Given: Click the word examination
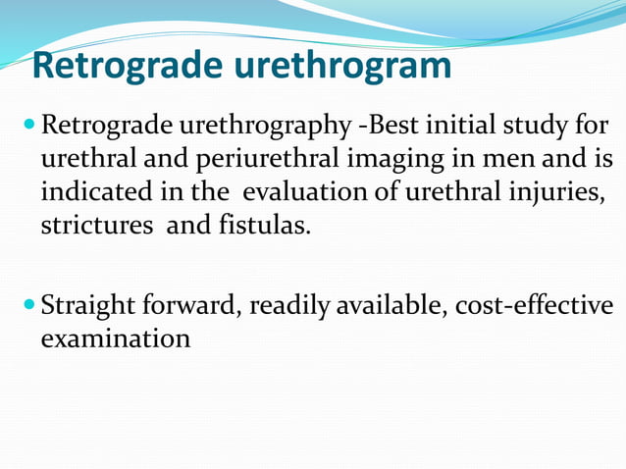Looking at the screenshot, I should (115, 339).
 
